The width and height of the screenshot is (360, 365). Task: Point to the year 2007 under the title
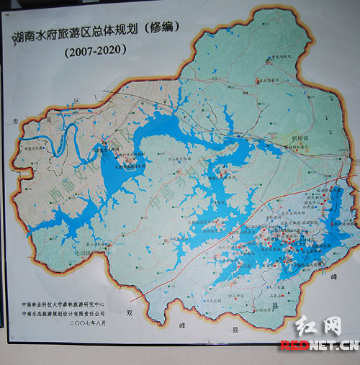(78, 51)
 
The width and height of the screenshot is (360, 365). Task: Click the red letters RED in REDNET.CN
(294, 345)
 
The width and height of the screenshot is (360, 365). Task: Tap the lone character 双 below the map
(129, 313)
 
